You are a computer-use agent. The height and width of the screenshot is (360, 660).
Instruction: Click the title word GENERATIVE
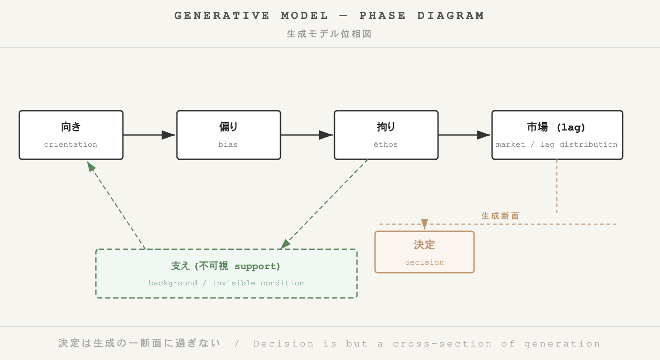coord(222,16)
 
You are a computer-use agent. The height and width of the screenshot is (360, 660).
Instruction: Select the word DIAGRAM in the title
coord(451,16)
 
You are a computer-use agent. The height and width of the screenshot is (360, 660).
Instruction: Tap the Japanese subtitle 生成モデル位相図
coord(330,34)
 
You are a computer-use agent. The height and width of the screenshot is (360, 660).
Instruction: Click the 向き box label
coord(71,127)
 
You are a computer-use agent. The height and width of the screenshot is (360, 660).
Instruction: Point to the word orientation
coord(71,144)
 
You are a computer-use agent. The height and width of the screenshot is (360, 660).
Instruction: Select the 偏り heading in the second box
coord(229,127)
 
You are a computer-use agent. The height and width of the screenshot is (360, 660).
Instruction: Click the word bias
coord(229,144)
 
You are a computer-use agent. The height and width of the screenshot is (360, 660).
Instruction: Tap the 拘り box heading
coord(386,127)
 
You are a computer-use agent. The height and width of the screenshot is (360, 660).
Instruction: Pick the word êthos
coord(386,144)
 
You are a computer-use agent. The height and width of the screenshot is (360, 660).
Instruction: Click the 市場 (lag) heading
coord(556,127)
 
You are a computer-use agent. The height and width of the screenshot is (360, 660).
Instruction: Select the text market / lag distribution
coord(556,144)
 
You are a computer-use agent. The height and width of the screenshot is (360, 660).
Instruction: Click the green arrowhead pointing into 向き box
coord(91,167)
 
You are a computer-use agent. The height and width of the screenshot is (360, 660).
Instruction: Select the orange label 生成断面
coord(500,216)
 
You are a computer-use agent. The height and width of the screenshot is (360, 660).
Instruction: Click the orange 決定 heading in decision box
coord(425,245)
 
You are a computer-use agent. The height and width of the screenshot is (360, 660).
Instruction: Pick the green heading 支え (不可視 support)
coord(226,266)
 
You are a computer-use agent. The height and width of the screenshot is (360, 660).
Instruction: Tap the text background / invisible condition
coord(226,283)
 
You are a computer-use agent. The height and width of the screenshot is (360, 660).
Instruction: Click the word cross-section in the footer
coord(442,344)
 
